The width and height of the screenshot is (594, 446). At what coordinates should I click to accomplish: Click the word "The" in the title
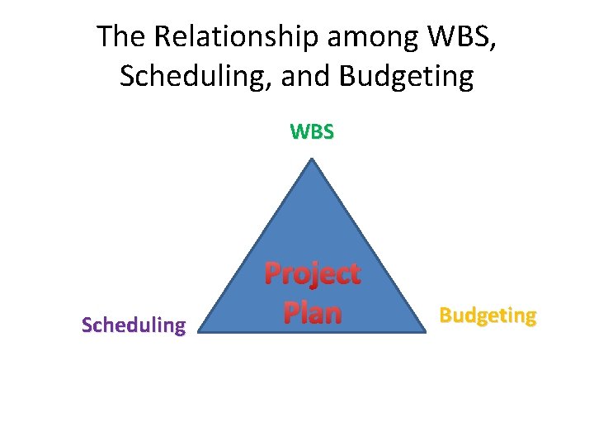[120, 37]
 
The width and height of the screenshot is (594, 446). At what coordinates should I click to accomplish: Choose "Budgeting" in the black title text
[407, 78]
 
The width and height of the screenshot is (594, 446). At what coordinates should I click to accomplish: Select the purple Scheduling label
[134, 325]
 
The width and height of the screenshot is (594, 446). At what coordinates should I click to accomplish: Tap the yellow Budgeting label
[488, 316]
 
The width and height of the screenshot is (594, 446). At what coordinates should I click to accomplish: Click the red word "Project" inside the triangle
[312, 274]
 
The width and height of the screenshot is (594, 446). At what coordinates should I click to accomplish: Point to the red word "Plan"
[312, 312]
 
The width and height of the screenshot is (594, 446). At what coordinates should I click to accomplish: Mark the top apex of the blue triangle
[312, 159]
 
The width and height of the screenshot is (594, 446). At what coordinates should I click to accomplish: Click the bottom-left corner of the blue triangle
[201, 332]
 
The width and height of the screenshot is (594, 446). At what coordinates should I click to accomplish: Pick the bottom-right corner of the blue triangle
[422, 332]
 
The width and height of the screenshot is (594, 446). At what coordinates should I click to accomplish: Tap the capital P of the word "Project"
[273, 273]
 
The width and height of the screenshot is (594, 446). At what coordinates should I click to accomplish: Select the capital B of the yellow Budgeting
[445, 315]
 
